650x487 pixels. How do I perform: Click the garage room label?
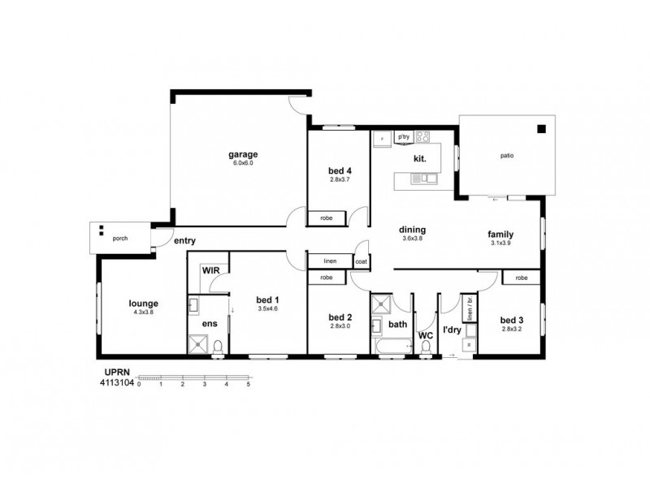click(x=242, y=153)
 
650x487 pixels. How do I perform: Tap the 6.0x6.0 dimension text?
click(x=242, y=162)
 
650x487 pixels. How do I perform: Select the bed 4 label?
click(x=339, y=170)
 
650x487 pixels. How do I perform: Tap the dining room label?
click(x=414, y=230)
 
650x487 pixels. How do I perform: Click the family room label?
click(x=500, y=234)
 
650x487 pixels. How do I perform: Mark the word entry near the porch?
click(x=184, y=240)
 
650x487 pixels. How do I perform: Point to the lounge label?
click(x=143, y=304)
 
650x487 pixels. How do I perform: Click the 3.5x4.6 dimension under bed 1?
click(x=268, y=308)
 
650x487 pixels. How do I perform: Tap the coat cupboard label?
click(x=362, y=261)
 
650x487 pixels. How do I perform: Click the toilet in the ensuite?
click(x=217, y=347)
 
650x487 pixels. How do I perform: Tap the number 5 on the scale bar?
click(x=248, y=384)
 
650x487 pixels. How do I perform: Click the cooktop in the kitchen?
click(x=422, y=136)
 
